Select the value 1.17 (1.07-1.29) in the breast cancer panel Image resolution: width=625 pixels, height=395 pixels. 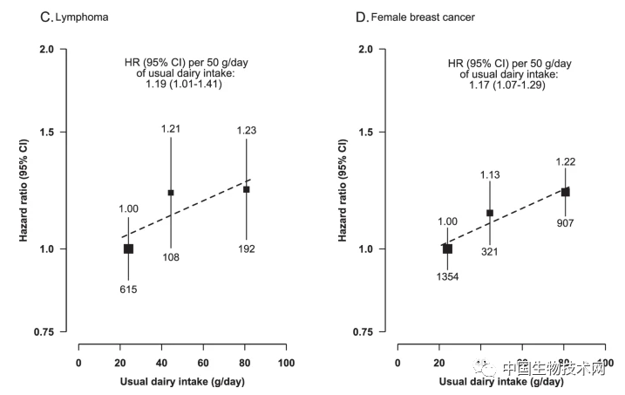point(498,85)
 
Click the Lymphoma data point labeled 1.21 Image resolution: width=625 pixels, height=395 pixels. point(171,193)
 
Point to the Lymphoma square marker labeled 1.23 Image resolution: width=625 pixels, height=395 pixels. point(247,189)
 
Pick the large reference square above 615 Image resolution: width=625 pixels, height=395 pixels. point(128,249)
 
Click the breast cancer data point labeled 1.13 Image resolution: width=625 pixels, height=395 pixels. point(490,213)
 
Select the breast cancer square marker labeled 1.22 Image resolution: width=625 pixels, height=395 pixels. point(565,192)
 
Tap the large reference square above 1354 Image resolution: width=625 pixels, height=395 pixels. point(447,249)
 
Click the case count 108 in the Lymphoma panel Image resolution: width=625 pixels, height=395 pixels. point(170,257)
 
